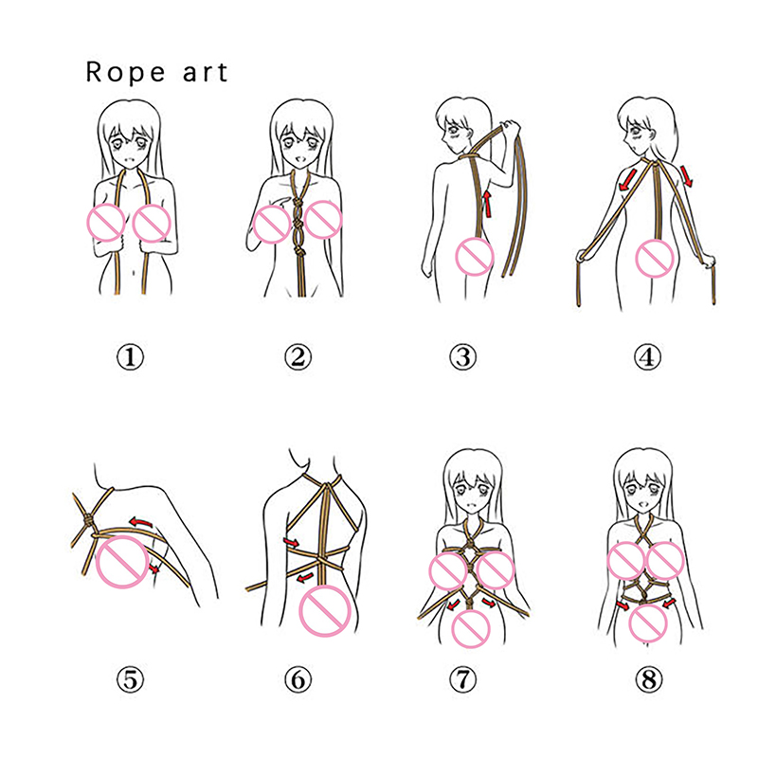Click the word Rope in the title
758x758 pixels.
click(125, 73)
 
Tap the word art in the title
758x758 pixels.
click(205, 74)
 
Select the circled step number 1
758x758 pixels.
click(131, 357)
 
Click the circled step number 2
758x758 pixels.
click(298, 357)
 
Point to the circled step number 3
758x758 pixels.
click(463, 357)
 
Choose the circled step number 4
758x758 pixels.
click(648, 357)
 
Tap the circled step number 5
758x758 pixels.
click(131, 679)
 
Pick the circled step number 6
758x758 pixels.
click(298, 679)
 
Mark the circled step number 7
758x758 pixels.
click(463, 679)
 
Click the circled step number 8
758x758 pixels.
click(648, 679)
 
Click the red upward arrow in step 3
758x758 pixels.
click(488, 204)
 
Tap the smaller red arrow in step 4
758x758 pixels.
click(687, 176)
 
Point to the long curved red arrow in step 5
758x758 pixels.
click(140, 521)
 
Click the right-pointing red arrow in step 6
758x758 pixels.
click(292, 542)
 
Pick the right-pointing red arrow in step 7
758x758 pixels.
click(488, 603)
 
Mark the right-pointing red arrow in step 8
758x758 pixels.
click(623, 605)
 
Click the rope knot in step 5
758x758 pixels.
click(88, 520)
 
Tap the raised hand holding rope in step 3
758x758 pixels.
click(510, 129)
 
